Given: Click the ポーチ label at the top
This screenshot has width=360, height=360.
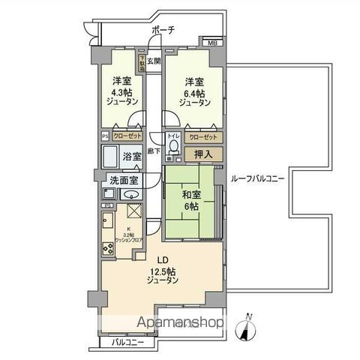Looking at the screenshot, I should (163, 29).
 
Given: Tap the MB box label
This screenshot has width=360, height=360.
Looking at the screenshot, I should (212, 43).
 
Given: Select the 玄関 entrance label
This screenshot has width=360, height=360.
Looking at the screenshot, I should (153, 61).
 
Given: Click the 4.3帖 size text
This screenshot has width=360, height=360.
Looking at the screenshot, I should (122, 94).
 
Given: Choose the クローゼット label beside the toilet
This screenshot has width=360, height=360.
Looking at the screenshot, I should (202, 137).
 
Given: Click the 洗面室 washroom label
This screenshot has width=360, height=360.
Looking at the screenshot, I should (123, 181).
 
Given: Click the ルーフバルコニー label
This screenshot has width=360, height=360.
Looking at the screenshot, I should (257, 178).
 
